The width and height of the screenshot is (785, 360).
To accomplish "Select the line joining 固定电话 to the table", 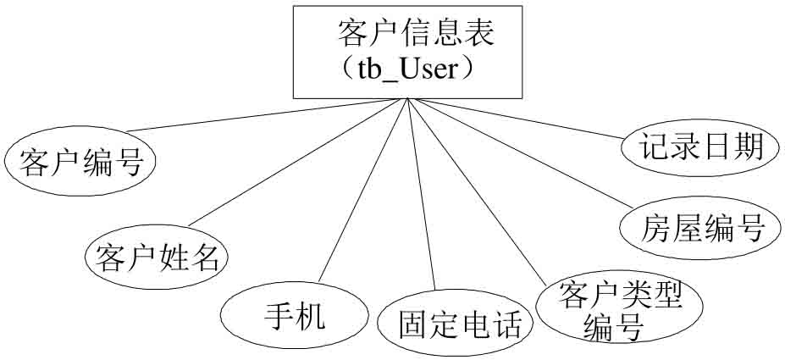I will (421, 195).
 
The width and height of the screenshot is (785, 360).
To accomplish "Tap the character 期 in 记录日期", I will (747, 147).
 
